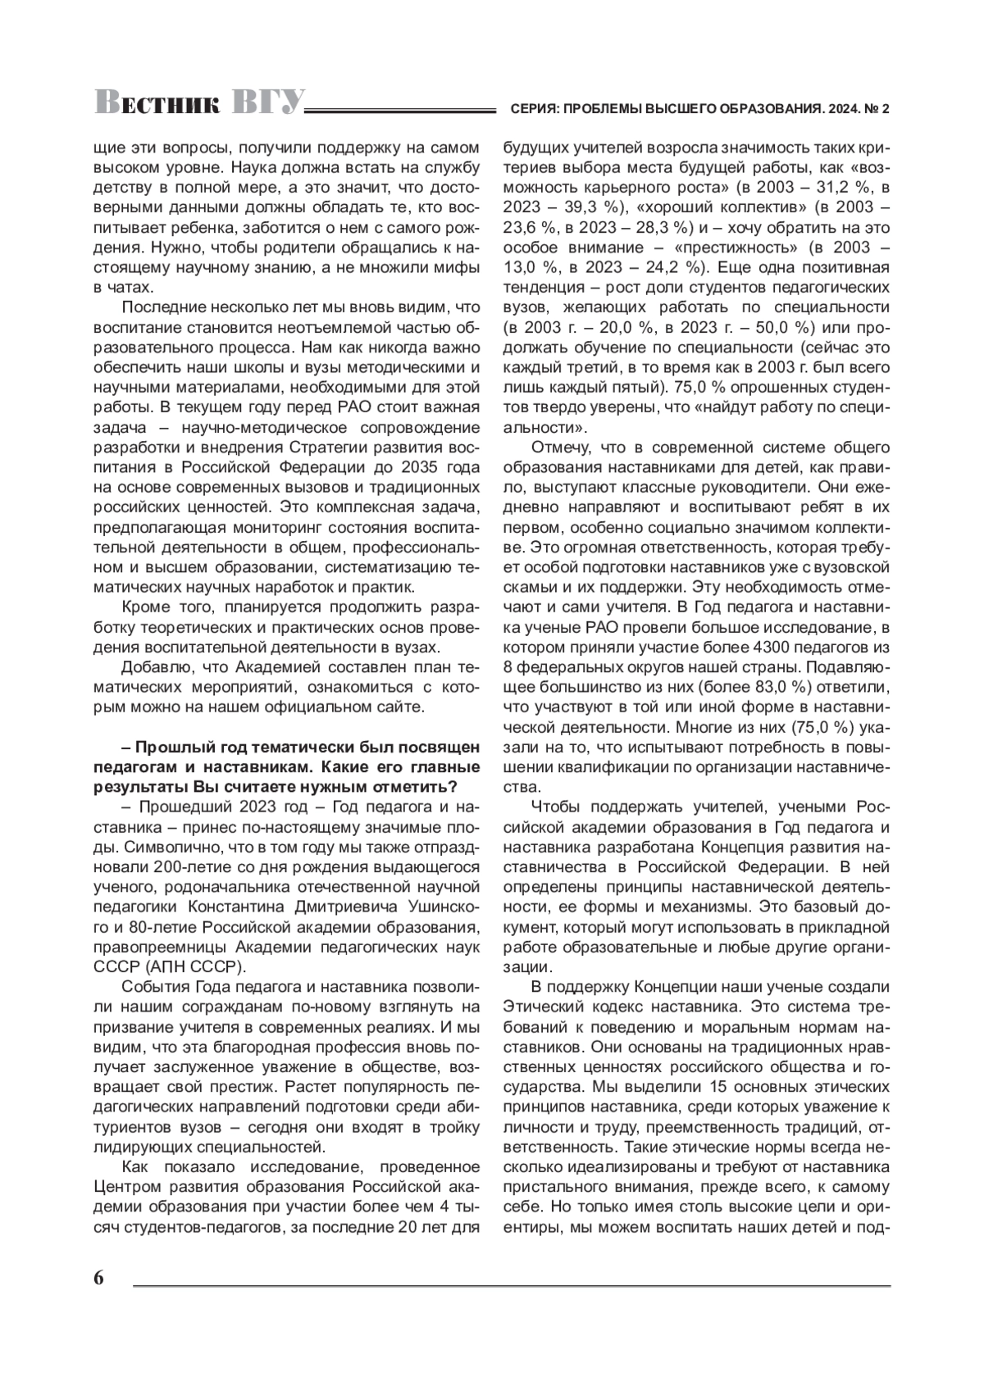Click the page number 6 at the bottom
click(99, 1278)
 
